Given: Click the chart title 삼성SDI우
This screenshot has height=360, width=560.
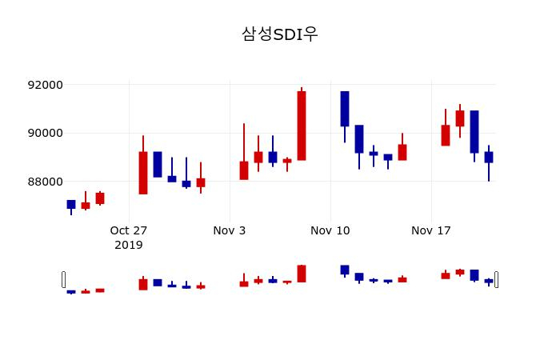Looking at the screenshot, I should point(280,34).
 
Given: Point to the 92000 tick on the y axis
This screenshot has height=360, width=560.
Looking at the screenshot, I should point(46,85).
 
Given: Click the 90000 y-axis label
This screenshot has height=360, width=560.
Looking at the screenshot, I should point(46,133).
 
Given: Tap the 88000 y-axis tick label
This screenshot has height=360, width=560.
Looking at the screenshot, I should point(46,182).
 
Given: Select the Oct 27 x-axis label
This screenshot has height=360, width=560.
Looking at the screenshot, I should point(129,230).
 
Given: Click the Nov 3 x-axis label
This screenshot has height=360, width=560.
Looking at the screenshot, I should point(230,230).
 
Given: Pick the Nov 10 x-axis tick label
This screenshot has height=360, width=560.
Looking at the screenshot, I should point(330,230).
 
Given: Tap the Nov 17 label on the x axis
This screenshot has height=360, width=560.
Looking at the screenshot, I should point(431,230).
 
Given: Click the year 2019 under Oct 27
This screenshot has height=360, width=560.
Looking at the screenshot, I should point(129,245).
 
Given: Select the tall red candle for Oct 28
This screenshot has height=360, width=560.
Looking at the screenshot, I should point(143,173).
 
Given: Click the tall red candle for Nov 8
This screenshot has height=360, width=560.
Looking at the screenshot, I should point(302,126).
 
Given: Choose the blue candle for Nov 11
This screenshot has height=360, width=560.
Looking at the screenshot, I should point(345,109).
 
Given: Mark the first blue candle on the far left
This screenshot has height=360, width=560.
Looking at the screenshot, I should point(71,204).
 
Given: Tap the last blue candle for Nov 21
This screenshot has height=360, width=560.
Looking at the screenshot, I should point(489,157).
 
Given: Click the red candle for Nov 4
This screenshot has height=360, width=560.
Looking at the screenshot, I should point(244,170).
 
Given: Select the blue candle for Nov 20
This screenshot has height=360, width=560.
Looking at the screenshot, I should point(474,131).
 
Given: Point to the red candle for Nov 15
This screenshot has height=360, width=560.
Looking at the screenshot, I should point(402,152).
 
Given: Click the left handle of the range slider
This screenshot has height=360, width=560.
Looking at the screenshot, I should point(64,279).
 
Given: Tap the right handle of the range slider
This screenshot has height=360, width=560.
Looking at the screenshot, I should point(496,279).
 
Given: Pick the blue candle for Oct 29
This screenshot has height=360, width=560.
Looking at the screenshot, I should point(158,164).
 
